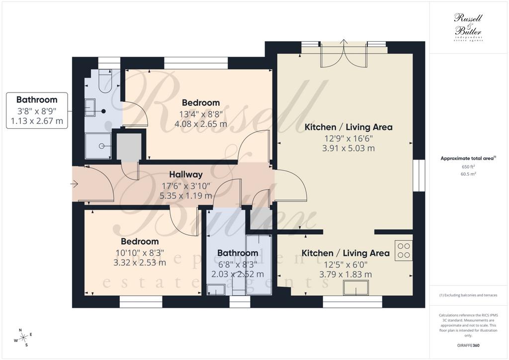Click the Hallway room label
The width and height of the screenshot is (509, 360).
click(x=186, y=175)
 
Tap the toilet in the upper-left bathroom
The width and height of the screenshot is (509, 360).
click(x=105, y=81)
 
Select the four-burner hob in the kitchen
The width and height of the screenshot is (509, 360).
click(x=404, y=250)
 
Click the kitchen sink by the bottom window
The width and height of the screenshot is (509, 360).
click(x=356, y=288)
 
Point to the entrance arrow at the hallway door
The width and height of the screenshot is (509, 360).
click(x=75, y=184)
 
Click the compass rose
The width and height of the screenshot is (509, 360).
click(x=23, y=338)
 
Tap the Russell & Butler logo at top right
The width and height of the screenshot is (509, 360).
click(x=468, y=27)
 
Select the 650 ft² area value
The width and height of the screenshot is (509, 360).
click(x=468, y=167)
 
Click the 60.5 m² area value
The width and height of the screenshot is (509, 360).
click(x=468, y=174)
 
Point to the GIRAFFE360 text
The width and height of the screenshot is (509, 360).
click(x=468, y=346)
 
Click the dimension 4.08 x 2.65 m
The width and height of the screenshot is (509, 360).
click(x=201, y=124)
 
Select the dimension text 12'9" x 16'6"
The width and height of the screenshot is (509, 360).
click(x=348, y=139)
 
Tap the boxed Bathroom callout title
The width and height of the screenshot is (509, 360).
click(x=37, y=99)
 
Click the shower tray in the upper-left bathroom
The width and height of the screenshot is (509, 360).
click(x=98, y=146)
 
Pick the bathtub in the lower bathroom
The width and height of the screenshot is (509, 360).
click(x=258, y=265)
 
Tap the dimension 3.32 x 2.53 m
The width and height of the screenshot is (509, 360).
click(x=140, y=263)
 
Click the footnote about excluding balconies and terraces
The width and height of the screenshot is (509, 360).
click(x=468, y=295)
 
